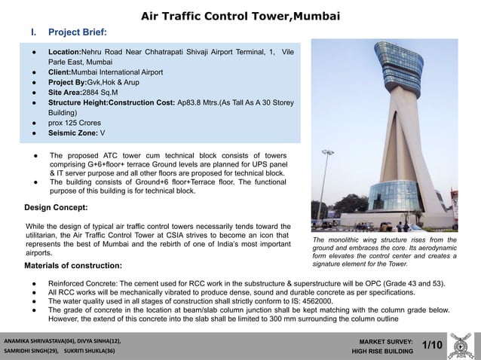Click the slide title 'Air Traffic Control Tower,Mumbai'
point(240,16)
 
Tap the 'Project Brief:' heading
point(77,32)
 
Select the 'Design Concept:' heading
point(56,206)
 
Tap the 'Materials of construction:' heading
point(72,266)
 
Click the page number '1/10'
point(432,344)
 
